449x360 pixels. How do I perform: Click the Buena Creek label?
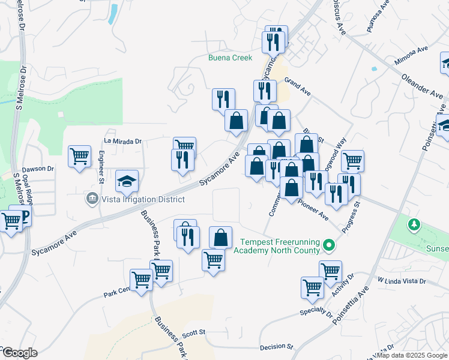pyautogui.click(x=230, y=58)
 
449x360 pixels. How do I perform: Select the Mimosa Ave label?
pyautogui.click(x=411, y=55)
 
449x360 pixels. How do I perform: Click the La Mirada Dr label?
pyautogui.click(x=122, y=142)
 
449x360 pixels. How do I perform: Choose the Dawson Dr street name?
pyautogui.click(x=38, y=169)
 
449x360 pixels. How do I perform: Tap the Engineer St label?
pyautogui.click(x=101, y=167)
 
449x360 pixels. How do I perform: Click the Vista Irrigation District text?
pyautogui.click(x=142, y=199)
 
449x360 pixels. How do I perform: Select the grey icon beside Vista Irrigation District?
pyautogui.click(x=92, y=198)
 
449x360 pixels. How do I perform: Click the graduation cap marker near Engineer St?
pyautogui.click(x=127, y=180)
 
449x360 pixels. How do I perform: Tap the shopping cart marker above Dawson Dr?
pyautogui.click(x=79, y=157)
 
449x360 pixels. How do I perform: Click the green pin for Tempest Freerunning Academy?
pyautogui.click(x=328, y=245)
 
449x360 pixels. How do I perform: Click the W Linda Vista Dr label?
pyautogui.click(x=402, y=281)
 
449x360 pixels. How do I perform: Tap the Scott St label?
pyautogui.click(x=194, y=332)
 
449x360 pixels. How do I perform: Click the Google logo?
pyautogui.click(x=19, y=353)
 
